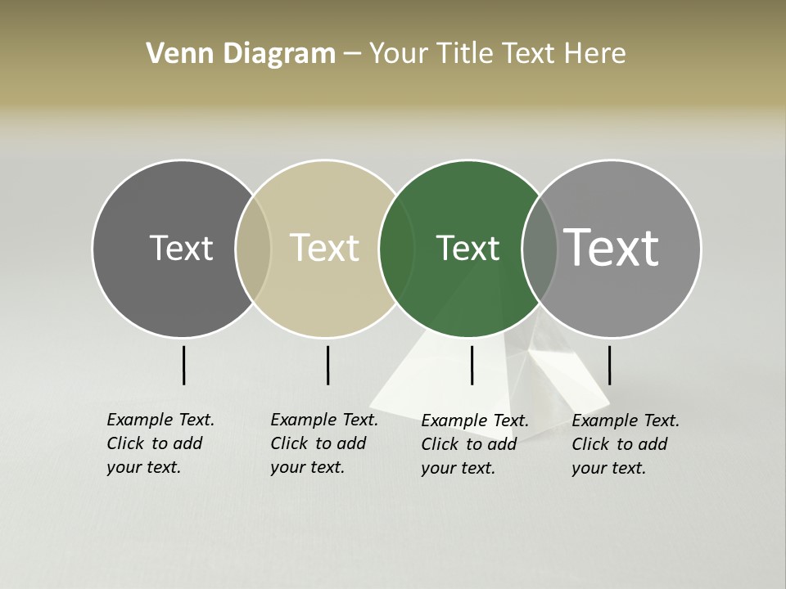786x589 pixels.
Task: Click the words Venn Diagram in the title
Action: (241, 54)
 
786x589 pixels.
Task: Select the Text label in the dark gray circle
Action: (181, 248)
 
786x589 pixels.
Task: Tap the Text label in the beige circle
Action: (325, 248)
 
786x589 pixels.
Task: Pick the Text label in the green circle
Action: (468, 248)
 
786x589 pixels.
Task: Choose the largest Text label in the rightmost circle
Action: (612, 248)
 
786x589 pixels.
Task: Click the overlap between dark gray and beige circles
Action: (253, 249)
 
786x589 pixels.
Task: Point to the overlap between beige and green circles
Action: (396, 249)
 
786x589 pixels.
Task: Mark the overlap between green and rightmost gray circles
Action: (540, 249)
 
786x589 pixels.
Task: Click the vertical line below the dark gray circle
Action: (183, 365)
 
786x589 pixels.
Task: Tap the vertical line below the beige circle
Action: (327, 365)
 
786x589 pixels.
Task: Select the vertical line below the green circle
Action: (472, 365)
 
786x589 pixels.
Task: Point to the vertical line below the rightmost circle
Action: (609, 365)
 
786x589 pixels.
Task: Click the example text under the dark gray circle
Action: (160, 443)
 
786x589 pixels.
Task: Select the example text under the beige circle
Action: (323, 443)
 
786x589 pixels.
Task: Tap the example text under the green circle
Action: (474, 444)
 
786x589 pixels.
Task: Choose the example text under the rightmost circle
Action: (625, 444)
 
